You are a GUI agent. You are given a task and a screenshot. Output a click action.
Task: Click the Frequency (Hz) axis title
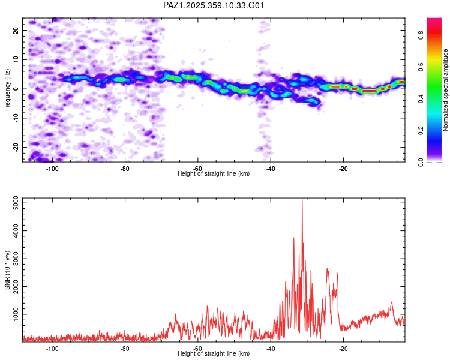point(8,89)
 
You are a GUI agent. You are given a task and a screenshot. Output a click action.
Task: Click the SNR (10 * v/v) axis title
point(8,269)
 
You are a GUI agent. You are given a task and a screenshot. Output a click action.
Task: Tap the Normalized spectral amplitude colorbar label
point(446,89)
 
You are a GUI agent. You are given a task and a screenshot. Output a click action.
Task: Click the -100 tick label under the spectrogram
point(52,169)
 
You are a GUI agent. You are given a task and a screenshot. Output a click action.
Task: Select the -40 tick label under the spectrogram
point(271,169)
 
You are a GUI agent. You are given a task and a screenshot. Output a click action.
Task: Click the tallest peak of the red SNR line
point(302,200)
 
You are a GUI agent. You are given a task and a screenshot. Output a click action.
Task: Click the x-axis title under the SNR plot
point(214,354)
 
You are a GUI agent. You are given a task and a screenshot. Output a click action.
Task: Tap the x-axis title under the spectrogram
point(214,174)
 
